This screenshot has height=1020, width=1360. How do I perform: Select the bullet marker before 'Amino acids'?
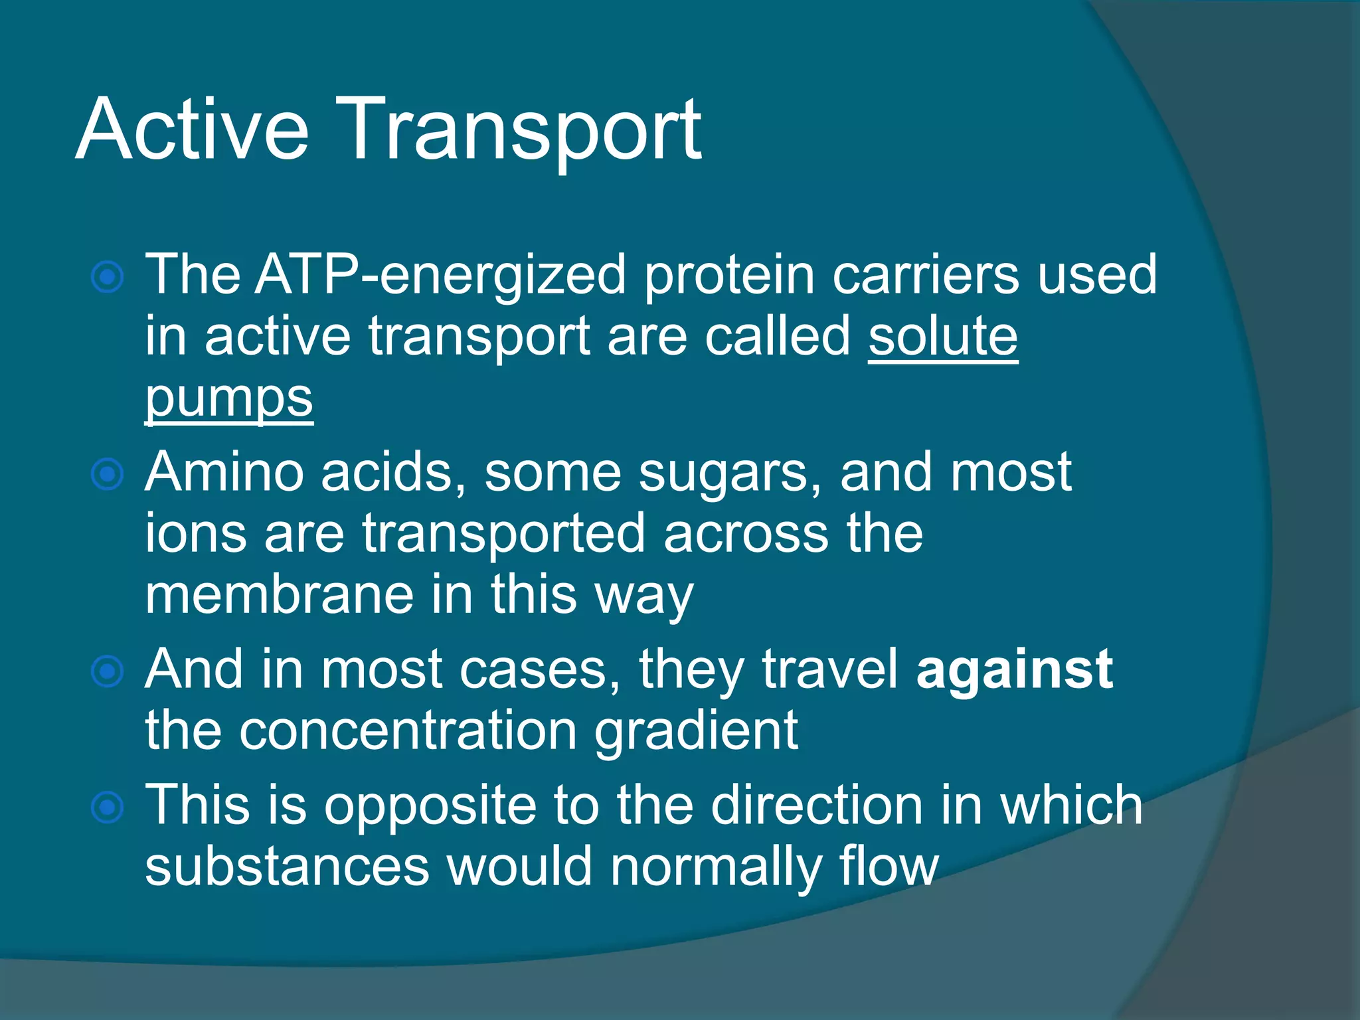pyautogui.click(x=108, y=474)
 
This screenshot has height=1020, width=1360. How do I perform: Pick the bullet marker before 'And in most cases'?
pyautogui.click(x=108, y=671)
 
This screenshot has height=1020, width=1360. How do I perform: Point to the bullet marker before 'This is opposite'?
pyautogui.click(x=108, y=807)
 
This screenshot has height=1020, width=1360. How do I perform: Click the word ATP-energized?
pyautogui.click(x=441, y=275)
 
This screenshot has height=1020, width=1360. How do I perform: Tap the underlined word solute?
pyautogui.click(x=943, y=337)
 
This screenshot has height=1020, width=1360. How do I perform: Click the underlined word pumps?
pyautogui.click(x=229, y=398)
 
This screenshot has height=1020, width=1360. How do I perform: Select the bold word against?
pyautogui.click(x=1014, y=669)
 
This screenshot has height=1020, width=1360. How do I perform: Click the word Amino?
pyautogui.click(x=224, y=472)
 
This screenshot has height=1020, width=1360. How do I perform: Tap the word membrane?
pyautogui.click(x=279, y=595)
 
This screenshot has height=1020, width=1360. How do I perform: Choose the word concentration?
pyautogui.click(x=408, y=731)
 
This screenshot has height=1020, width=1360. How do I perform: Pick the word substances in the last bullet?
pyautogui.click(x=288, y=867)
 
